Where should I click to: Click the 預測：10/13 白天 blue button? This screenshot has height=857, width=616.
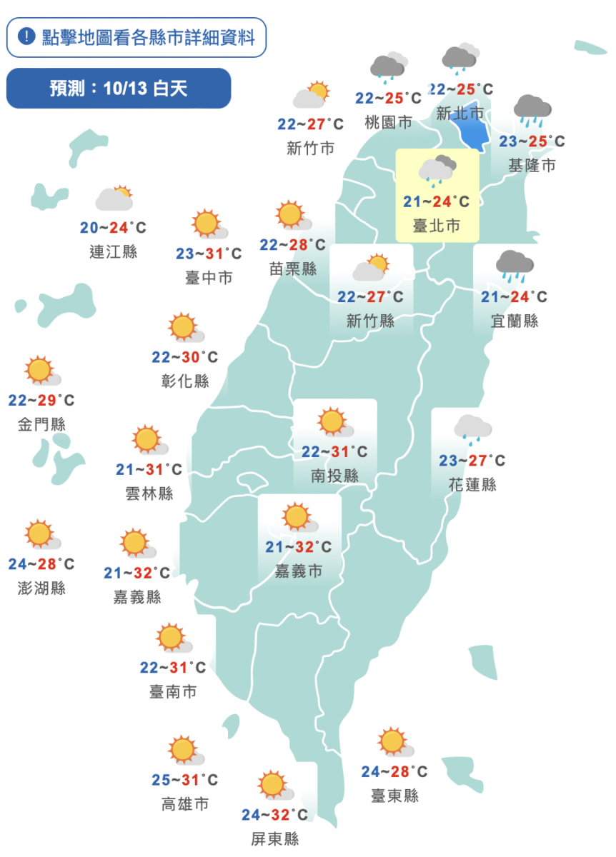119,89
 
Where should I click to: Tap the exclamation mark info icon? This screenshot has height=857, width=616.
26,36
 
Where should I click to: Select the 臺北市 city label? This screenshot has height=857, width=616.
437,226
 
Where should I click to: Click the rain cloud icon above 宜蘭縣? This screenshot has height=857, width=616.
515,265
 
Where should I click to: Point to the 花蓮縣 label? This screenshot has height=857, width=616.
472,485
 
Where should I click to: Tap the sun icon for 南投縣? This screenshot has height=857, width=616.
334,423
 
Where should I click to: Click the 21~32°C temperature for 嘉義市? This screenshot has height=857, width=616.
299,547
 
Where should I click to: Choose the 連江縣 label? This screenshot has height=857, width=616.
114,251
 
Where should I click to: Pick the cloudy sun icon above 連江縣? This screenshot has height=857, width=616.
115,198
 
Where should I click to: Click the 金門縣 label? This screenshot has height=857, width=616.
41,424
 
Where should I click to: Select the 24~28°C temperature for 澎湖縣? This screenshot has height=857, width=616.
41,564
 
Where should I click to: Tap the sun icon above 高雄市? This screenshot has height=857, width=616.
185,751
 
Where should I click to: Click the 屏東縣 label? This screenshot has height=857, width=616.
275,839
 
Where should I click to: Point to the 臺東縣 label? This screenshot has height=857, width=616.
394,796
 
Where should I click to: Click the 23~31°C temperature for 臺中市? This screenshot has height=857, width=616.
209,254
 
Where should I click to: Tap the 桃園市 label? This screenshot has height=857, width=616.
388,122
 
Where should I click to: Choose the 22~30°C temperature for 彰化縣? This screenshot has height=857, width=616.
185,357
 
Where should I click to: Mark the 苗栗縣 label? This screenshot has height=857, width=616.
293,269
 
